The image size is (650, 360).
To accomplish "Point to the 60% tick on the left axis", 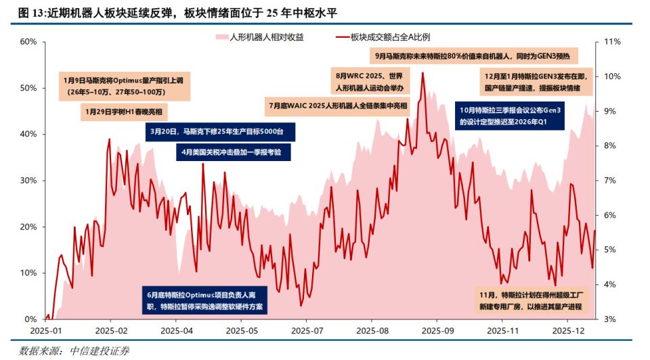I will [x=28, y=42].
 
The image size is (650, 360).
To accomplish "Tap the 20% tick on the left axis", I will [x=28, y=227].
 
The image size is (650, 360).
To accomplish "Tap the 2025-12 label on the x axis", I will [x=569, y=331].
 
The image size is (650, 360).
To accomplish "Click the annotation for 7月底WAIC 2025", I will [x=339, y=106].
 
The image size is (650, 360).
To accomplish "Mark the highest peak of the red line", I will [x=422, y=73].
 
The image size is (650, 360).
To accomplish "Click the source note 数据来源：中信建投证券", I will [x=74, y=351].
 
